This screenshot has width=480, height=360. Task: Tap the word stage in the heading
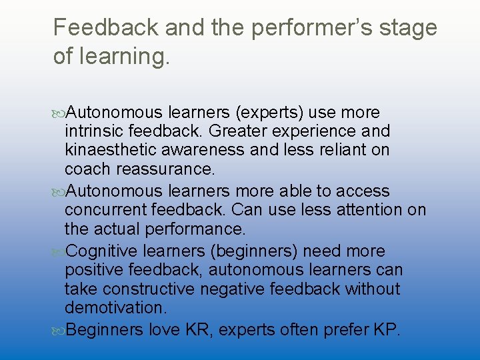[x=407, y=28]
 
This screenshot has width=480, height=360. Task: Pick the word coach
[x=85, y=169]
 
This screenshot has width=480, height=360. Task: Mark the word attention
[x=369, y=211]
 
